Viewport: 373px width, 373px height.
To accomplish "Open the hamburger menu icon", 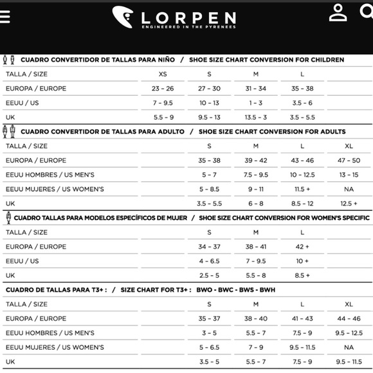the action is coord(5,16).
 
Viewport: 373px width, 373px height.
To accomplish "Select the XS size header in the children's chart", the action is coord(163,74).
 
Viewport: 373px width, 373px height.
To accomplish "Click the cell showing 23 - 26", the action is coord(163,89).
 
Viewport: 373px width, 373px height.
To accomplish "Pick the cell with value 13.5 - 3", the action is coord(255,118).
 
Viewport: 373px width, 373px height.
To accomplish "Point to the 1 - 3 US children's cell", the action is coord(255,103).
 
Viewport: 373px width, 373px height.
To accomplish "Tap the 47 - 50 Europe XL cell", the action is coord(349,161).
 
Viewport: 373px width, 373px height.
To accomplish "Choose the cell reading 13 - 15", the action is coord(349,175).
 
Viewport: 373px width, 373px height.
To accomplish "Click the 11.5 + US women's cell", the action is coord(302,189).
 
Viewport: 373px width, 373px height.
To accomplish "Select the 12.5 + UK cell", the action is coord(349,203).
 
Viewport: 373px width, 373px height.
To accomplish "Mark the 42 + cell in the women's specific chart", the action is coord(302,246).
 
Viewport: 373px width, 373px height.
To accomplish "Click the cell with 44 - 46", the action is coord(349,318).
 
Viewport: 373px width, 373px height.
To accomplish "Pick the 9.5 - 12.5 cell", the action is coord(349,333).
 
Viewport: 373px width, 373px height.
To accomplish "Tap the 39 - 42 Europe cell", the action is coord(255,161).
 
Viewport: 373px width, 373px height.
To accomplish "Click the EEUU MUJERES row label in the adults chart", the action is coord(55,189).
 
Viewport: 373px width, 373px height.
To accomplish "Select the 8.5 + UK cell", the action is coord(302,275).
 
